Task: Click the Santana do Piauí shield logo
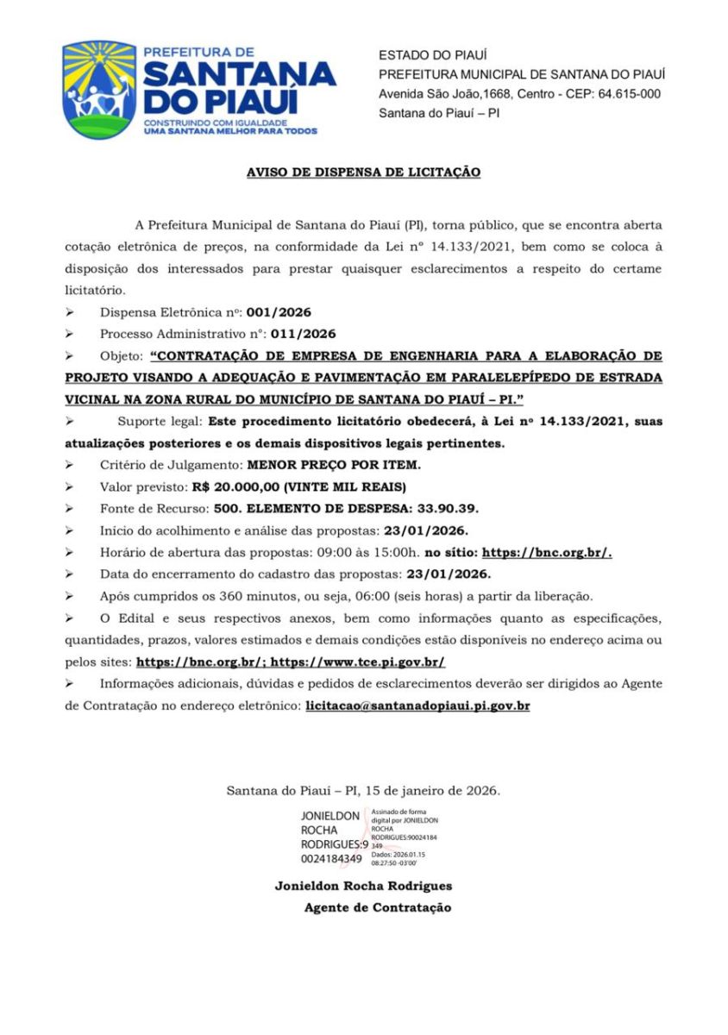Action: click(99, 91)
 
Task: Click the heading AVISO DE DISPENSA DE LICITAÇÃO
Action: click(363, 172)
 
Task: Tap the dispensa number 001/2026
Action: click(279, 311)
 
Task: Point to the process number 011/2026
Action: click(303, 334)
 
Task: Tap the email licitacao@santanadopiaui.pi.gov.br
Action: click(417, 706)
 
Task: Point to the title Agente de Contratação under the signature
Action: click(377, 907)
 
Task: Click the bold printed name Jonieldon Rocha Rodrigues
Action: click(363, 886)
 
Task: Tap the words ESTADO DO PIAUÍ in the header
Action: click(433, 55)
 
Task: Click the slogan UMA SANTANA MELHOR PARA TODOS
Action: click(229, 131)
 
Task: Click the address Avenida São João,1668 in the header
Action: click(458, 94)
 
